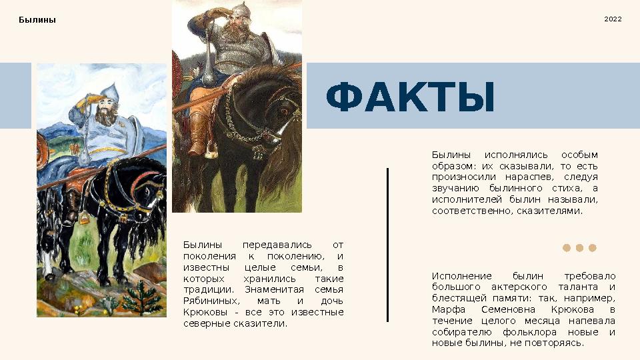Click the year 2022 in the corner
pyautogui.click(x=613, y=19)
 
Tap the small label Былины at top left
pyautogui.click(x=37, y=19)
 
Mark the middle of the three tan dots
pyautogui.click(x=579, y=248)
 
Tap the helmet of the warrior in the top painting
pyautogui.click(x=237, y=10)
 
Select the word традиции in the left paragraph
pyautogui.click(x=207, y=289)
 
